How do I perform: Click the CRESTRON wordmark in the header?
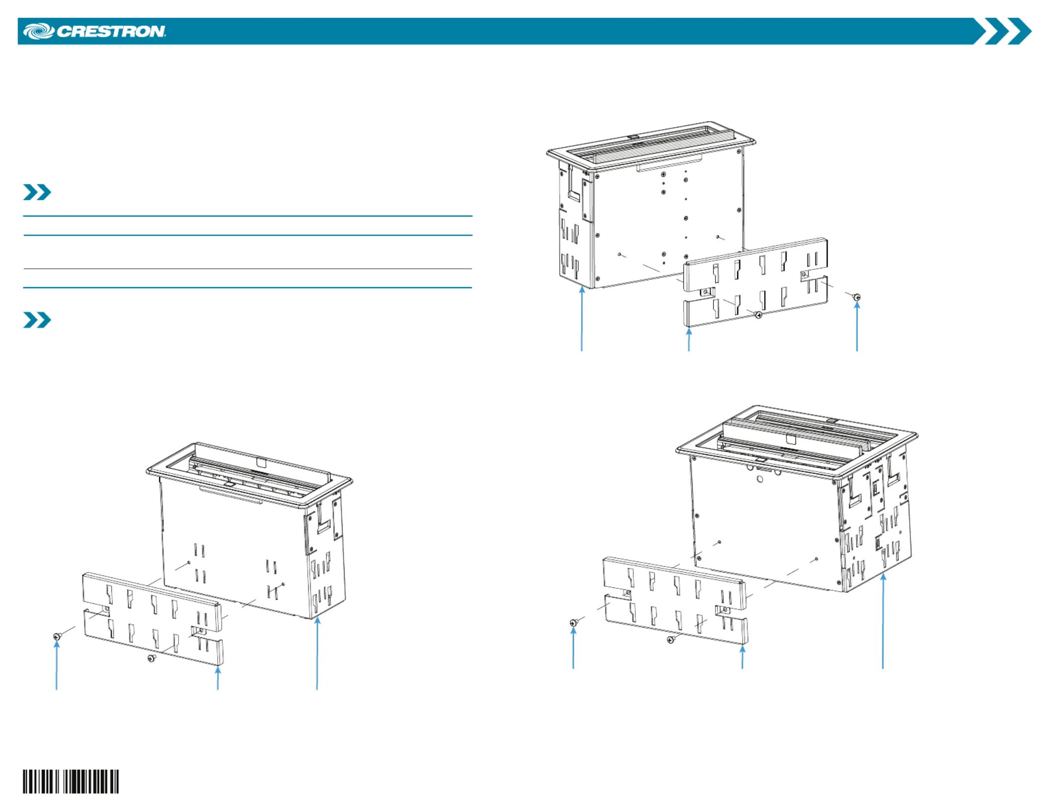[111, 31]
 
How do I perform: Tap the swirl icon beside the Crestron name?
[39, 31]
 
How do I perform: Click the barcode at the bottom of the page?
[71, 781]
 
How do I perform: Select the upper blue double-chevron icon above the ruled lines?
[37, 192]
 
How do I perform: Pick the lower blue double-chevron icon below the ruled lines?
[37, 320]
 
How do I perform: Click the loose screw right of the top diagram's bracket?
[857, 297]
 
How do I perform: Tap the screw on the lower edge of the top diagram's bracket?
[758, 315]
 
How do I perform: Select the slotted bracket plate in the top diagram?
[756, 282]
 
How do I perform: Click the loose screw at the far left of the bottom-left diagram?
[57, 637]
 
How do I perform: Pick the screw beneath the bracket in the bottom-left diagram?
[152, 658]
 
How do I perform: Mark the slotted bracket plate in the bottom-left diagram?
[153, 619]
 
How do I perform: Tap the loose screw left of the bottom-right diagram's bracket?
[574, 622]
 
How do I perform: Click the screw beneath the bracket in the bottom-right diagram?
[671, 640]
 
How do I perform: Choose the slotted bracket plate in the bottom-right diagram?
[675, 601]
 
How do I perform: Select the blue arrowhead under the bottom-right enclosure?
[883, 577]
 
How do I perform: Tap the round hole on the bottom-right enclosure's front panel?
[760, 479]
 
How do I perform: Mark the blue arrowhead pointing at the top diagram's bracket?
[689, 331]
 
